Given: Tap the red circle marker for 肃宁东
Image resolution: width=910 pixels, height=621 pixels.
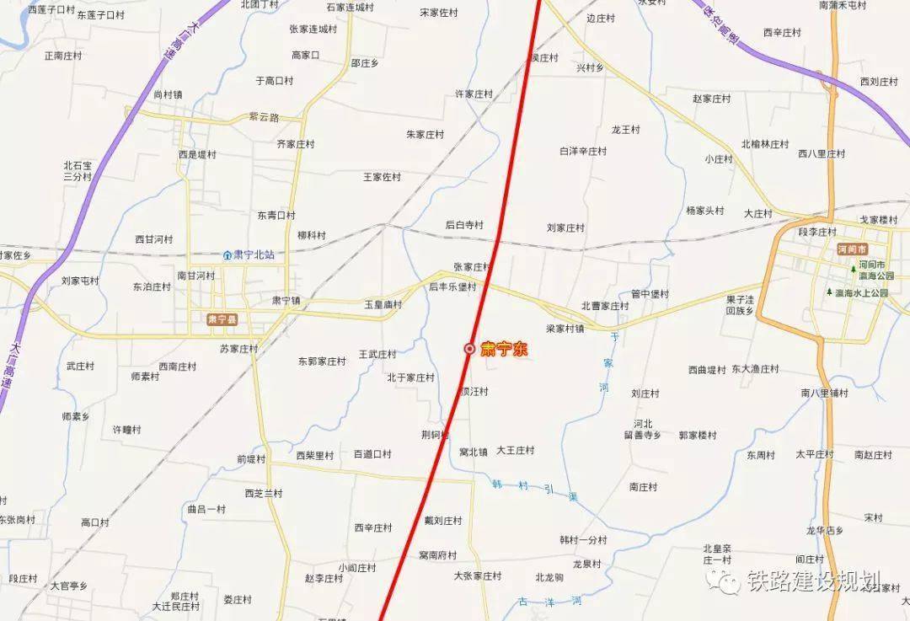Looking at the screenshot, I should tap(469, 349).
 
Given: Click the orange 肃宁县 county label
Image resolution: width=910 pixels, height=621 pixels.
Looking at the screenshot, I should tap(222, 319).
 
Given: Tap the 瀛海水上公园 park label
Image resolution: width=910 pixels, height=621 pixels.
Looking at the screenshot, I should tap(861, 292).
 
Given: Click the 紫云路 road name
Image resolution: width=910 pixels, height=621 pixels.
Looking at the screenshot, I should tap(263, 117).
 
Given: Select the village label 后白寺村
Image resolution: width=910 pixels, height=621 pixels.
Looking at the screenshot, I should tap(464, 225).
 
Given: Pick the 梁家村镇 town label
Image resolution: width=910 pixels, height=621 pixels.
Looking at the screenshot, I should tap(565, 329).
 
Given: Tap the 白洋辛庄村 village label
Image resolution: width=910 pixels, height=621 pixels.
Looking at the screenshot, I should tap(583, 152).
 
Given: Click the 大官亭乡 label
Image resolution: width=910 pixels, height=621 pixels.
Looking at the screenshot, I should tap(69, 585).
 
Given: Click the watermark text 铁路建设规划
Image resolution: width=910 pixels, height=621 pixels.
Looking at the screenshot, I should tap(812, 581).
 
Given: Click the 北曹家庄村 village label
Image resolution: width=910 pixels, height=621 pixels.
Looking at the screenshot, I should tap(605, 306).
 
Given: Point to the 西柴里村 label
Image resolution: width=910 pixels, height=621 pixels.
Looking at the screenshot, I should tap(315, 455).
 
